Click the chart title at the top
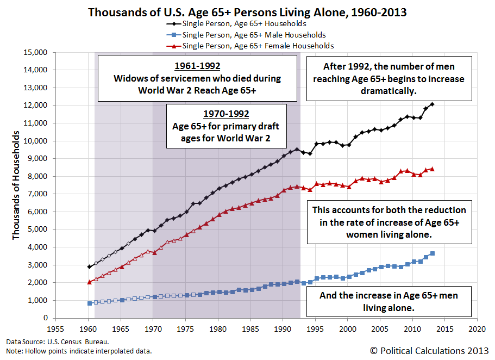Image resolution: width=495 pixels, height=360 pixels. pyautogui.click(x=247, y=11)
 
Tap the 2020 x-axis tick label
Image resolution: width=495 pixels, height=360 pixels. pyautogui.click(x=477, y=329)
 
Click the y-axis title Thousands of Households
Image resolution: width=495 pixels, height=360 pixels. pyautogui.click(x=16, y=185)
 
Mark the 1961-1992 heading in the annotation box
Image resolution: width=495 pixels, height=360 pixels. pyautogui.click(x=197, y=66)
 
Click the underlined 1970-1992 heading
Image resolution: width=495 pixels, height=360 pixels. pyautogui.click(x=225, y=114)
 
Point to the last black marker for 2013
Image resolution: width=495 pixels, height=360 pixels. pyautogui.click(x=432, y=104)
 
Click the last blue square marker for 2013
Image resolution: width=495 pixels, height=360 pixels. pyautogui.click(x=432, y=253)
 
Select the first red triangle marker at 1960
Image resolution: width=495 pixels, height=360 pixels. pyautogui.click(x=89, y=282)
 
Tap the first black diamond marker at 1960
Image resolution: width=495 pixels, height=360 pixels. pyautogui.click(x=89, y=266)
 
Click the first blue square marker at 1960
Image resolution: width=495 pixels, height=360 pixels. pyautogui.click(x=89, y=303)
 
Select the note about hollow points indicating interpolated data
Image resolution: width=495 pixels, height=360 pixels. pyautogui.click(x=79, y=351)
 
